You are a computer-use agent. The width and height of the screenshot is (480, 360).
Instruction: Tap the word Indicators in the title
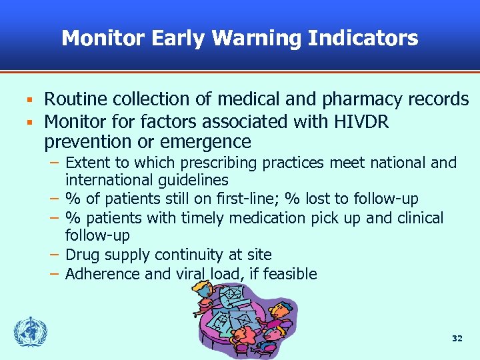pos(363,38)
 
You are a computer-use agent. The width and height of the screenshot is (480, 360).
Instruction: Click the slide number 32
pos(457,339)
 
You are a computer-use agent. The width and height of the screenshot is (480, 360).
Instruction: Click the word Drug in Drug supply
pos(79,255)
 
